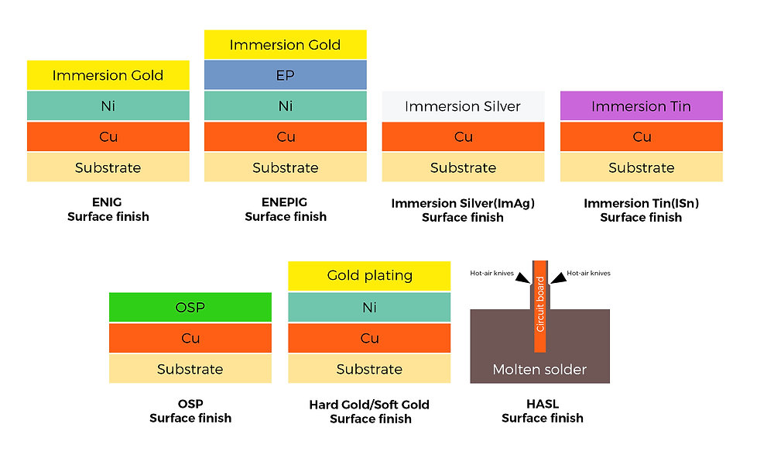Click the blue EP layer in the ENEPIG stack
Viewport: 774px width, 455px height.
tap(286, 75)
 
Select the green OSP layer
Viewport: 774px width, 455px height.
tap(190, 307)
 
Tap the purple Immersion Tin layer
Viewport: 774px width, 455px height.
tap(641, 106)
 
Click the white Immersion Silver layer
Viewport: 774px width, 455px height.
tap(463, 106)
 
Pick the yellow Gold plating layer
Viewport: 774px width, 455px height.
tap(369, 275)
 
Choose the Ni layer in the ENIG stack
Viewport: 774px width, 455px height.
tap(108, 106)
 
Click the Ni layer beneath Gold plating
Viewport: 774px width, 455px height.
tap(369, 307)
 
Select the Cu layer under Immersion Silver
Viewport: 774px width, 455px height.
tap(463, 136)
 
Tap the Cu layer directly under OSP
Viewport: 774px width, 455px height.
tap(190, 338)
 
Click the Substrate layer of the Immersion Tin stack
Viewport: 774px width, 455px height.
tap(641, 167)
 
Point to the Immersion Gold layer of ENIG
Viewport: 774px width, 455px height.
tap(108, 75)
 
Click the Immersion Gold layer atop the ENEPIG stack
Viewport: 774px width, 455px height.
tap(286, 44)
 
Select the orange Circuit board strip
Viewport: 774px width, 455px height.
tap(540, 307)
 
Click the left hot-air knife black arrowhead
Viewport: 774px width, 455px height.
tap(522, 278)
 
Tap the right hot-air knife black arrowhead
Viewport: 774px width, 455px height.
tap(558, 278)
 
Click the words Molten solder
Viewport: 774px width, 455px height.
tap(539, 370)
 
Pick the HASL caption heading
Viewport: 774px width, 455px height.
tap(543, 404)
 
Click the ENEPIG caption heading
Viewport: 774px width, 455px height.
tap(285, 202)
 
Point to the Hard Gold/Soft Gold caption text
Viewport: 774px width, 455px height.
tap(369, 405)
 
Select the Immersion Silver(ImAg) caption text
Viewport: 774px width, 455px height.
tap(463, 203)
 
